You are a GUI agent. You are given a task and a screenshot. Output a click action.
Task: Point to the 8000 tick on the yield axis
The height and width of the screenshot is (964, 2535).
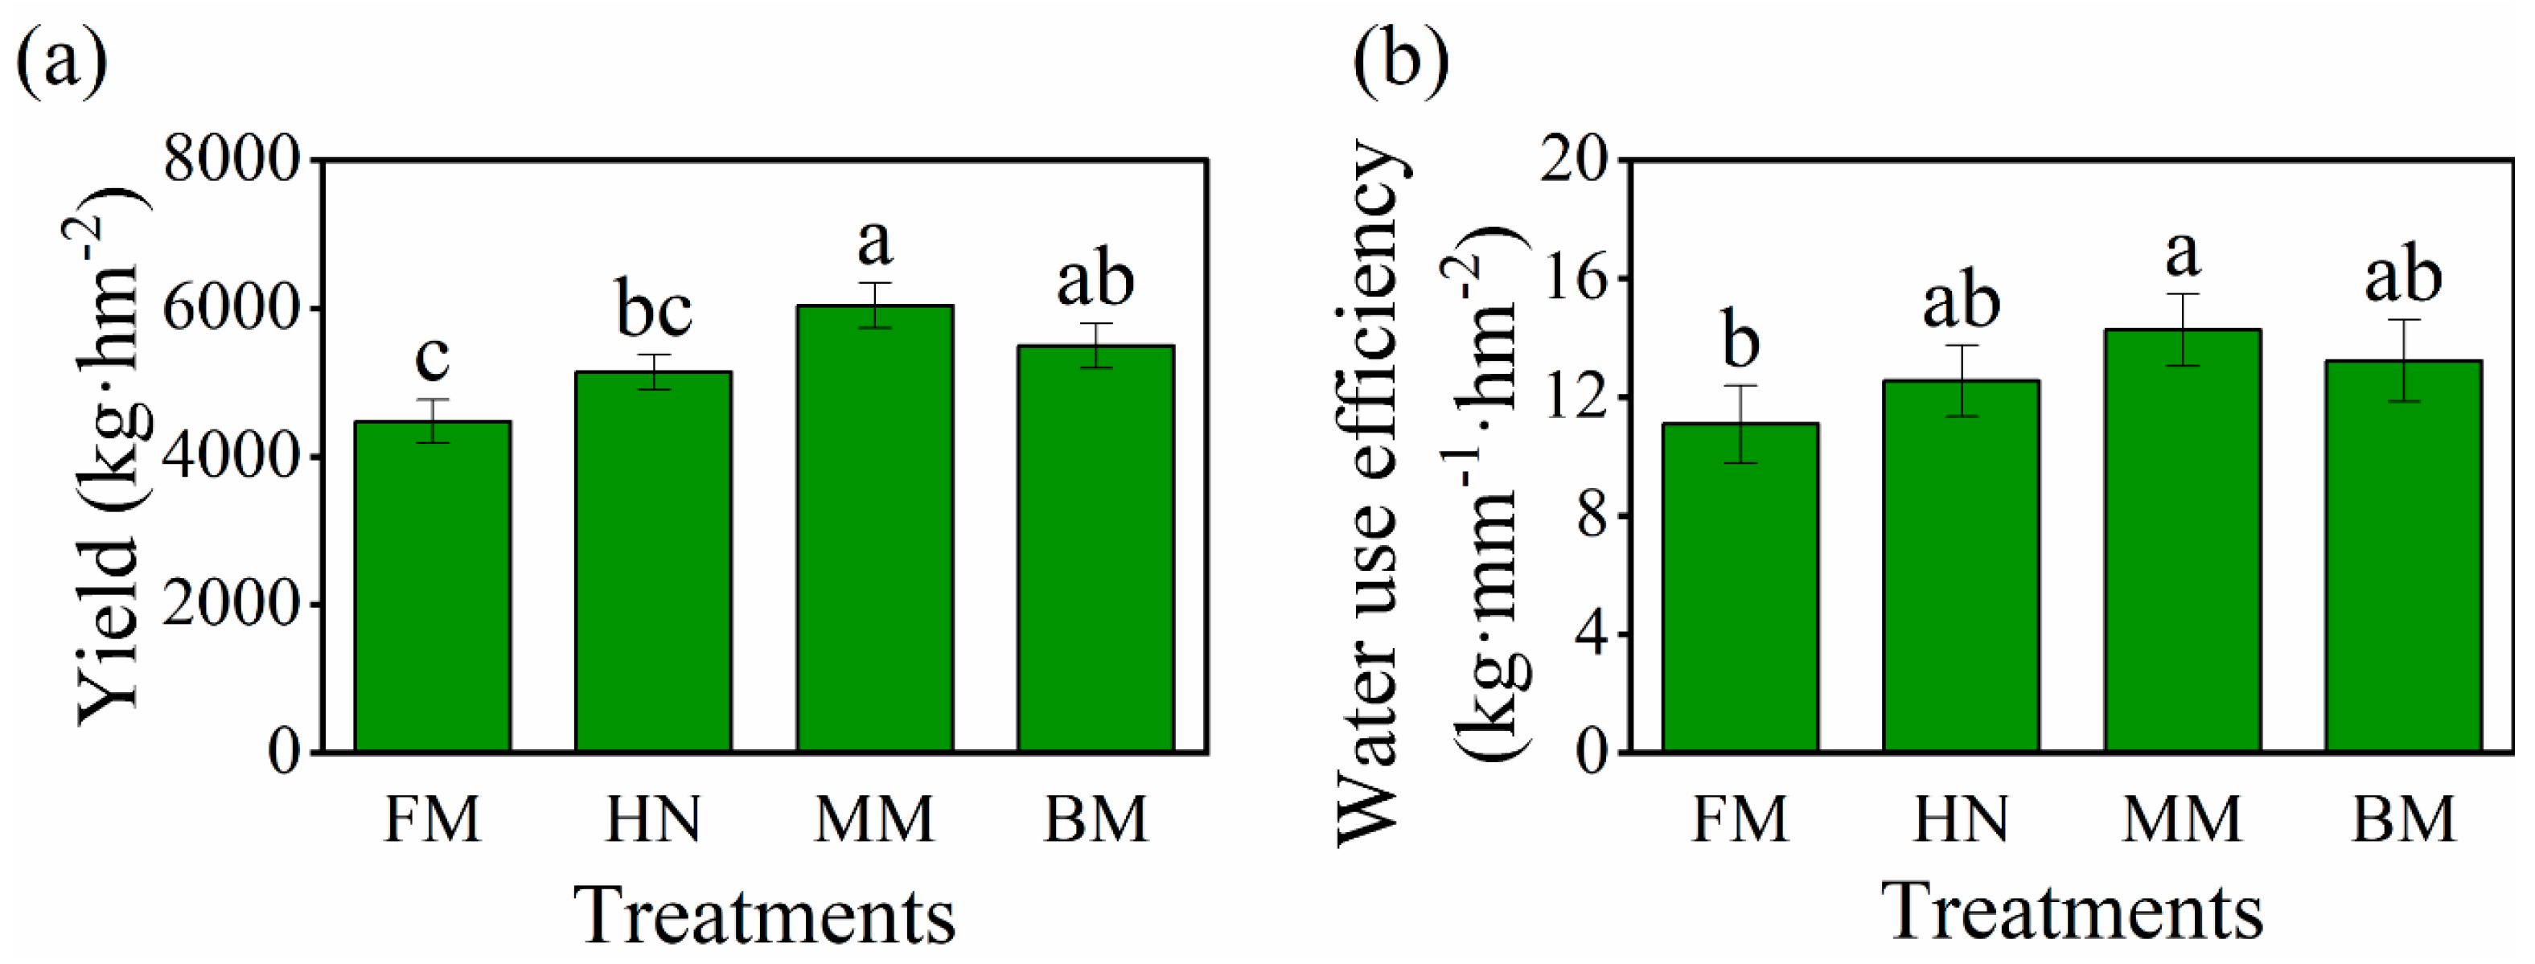point(232,160)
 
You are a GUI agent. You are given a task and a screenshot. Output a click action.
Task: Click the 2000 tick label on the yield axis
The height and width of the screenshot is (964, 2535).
point(232,604)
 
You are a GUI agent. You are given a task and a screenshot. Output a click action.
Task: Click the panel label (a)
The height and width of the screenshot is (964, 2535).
point(61,61)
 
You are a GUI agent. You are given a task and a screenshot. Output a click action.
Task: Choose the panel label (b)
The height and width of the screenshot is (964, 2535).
point(1400,61)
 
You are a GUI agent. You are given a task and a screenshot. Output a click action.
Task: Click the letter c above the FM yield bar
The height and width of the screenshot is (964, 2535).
point(432,356)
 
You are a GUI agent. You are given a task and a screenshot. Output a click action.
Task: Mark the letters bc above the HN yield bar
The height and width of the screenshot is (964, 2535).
point(653,309)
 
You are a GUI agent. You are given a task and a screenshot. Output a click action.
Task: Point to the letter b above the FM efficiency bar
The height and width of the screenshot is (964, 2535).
point(1740,339)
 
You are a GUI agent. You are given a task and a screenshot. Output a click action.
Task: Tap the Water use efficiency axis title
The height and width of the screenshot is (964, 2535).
point(1370,492)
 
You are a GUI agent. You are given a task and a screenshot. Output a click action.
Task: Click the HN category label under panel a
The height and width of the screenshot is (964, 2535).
point(653,819)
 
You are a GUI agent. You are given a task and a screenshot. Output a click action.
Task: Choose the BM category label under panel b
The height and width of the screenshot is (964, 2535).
point(2402,819)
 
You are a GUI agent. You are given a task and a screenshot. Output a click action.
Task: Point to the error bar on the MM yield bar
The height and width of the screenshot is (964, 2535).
point(875,305)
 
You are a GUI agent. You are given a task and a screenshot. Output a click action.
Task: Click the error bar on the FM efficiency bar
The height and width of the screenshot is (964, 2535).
point(1740,423)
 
